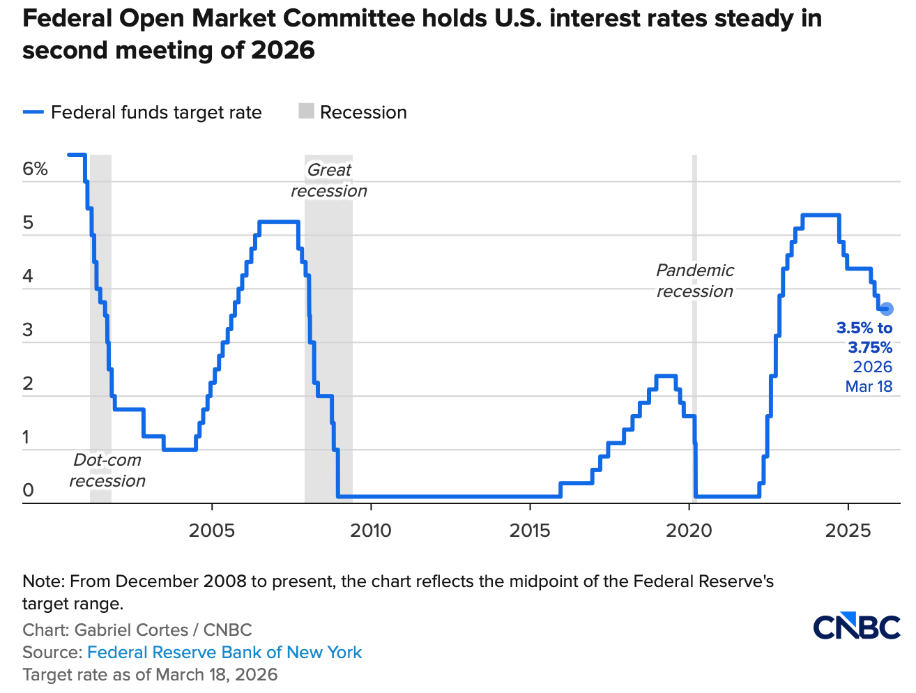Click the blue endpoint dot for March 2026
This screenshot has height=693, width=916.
(886, 309)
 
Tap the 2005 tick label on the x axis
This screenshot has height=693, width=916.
(212, 531)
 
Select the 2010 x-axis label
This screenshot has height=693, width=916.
(371, 531)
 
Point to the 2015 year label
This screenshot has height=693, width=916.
(530, 531)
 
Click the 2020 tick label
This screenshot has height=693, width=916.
(689, 531)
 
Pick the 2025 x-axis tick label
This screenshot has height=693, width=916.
(848, 531)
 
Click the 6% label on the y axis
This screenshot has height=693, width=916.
(35, 169)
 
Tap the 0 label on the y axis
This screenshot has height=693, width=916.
(29, 490)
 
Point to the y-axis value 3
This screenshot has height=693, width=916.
(29, 330)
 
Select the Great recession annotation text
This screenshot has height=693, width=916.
(329, 181)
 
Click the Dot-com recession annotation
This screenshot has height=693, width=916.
(107, 471)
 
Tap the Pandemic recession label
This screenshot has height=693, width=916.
(695, 281)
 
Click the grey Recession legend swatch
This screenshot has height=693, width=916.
(306, 112)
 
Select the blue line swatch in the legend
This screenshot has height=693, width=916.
(33, 112)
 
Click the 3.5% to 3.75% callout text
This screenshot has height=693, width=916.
(865, 337)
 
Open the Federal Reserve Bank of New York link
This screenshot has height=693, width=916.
(224, 653)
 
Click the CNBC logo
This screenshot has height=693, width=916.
(857, 627)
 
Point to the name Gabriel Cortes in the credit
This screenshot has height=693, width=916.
(131, 630)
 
